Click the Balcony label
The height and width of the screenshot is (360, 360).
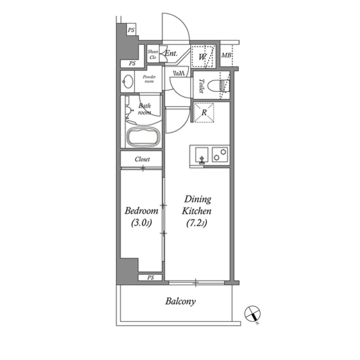tap(181, 301)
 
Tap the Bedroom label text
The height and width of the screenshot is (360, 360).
tap(141, 211)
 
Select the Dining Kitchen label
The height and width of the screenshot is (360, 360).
tap(197, 205)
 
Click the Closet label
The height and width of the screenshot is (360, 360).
tap(142, 159)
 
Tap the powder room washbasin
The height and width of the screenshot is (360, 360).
tap(127, 81)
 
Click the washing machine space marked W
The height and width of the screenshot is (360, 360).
tap(203, 57)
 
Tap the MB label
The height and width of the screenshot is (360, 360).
tap(226, 56)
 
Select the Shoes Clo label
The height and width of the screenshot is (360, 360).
tap(152, 55)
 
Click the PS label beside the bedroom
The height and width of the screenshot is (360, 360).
tap(150, 278)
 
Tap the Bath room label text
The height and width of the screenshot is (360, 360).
tap(144, 109)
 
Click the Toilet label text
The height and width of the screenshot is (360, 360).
tap(201, 86)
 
